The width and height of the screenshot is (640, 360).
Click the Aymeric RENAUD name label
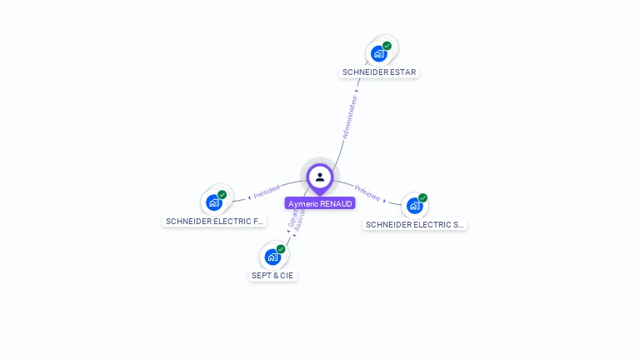320,203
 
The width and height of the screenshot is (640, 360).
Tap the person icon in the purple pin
320,177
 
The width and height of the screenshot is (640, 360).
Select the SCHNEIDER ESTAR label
379,72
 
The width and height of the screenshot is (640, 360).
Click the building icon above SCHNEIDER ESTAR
379,54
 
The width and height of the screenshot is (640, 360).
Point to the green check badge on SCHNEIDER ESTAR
387,46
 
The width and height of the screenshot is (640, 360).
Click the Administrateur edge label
350,114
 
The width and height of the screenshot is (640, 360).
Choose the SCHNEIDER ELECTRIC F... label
215,221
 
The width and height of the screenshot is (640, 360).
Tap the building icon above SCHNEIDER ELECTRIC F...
214,202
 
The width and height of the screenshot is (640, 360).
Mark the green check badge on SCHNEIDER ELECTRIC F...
222,194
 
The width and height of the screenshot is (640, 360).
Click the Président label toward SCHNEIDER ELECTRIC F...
267,192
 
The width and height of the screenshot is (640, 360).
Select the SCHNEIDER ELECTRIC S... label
415,224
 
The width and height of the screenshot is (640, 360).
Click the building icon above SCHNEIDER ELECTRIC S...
414,206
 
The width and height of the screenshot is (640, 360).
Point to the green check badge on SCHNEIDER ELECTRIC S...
422,197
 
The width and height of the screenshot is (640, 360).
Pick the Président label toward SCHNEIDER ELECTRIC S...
367,192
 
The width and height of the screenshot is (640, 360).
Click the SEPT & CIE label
272,275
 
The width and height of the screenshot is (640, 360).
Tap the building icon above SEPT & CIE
272,257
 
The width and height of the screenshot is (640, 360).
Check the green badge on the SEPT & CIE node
281,248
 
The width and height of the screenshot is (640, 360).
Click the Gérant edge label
292,217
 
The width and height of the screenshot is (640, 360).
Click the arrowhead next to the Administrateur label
357,90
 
